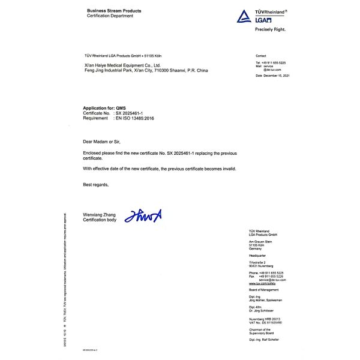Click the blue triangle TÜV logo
(x=244, y=17)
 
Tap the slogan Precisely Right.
(x=270, y=29)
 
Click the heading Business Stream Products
(x=114, y=11)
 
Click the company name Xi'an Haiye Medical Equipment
(x=122, y=65)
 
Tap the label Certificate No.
(x=96, y=113)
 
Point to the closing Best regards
(x=96, y=185)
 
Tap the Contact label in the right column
(x=260, y=55)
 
